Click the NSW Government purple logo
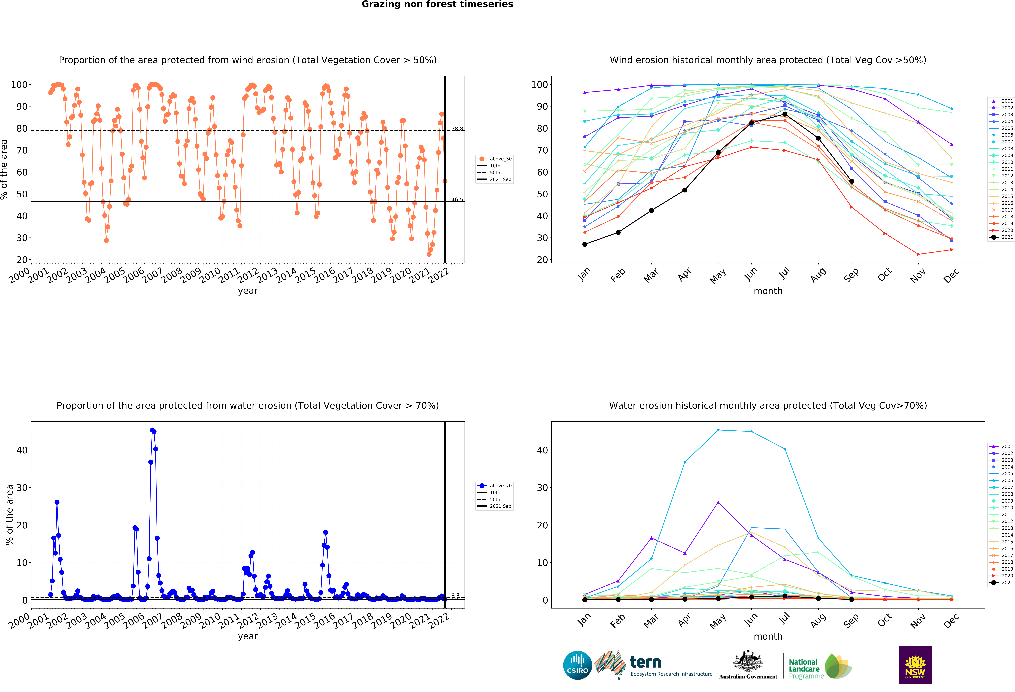(915, 665)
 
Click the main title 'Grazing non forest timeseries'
(437, 4)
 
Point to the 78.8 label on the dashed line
(457, 129)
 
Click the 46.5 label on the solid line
(457, 200)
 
